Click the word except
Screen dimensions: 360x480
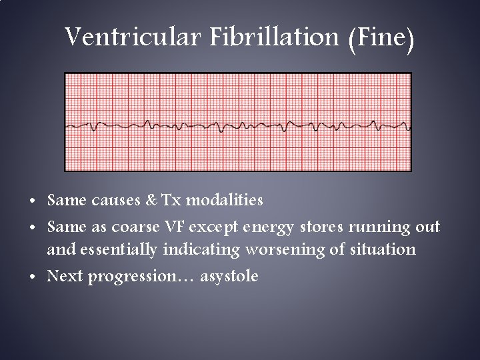[x=205, y=227]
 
